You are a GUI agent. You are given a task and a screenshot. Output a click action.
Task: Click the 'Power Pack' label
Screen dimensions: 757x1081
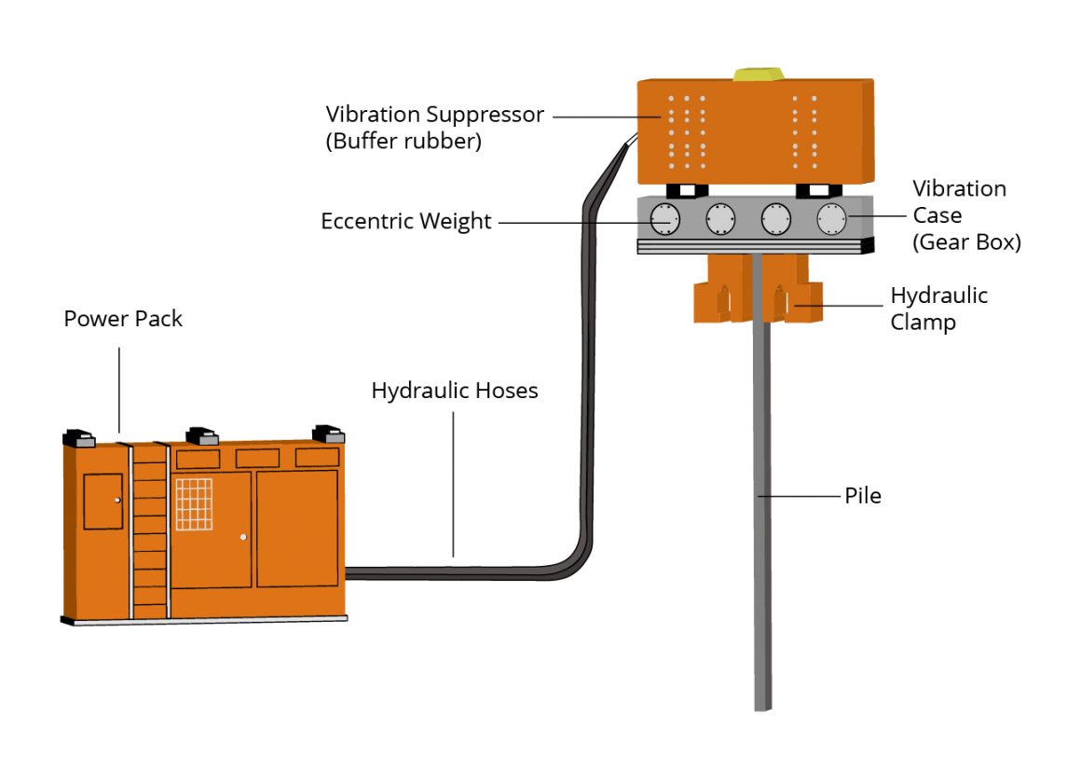[x=123, y=319]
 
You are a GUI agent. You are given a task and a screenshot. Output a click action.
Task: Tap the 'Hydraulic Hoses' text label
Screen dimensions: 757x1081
[x=455, y=391]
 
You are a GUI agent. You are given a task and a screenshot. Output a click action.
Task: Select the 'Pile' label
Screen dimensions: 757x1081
[x=862, y=496]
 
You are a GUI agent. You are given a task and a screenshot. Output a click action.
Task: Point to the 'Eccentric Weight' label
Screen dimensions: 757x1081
[x=405, y=222]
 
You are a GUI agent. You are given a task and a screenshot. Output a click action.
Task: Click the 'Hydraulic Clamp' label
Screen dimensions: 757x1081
[x=938, y=310]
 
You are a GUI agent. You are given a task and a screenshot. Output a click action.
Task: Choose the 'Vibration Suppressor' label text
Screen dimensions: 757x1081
[x=434, y=115]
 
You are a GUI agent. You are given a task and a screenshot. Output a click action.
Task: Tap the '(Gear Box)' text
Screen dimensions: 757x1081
[x=966, y=242]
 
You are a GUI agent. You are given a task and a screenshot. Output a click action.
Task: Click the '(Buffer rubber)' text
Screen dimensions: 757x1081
[x=404, y=143]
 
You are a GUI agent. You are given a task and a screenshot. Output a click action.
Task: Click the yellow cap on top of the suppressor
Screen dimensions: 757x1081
[x=757, y=74]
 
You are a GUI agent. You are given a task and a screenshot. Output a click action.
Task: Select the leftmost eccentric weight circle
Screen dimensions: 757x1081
[x=664, y=219]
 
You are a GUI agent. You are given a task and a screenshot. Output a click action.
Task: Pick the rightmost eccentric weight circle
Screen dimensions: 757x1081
[x=830, y=219]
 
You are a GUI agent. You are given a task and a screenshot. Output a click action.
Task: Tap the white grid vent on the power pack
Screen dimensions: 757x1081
[x=194, y=503]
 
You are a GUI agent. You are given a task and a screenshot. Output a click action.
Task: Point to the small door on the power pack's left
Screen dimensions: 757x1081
[x=103, y=502]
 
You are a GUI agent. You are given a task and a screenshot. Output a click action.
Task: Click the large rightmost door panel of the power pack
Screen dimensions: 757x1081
[x=296, y=529]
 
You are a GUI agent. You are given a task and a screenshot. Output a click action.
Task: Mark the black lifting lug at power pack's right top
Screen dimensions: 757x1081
[x=327, y=434]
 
